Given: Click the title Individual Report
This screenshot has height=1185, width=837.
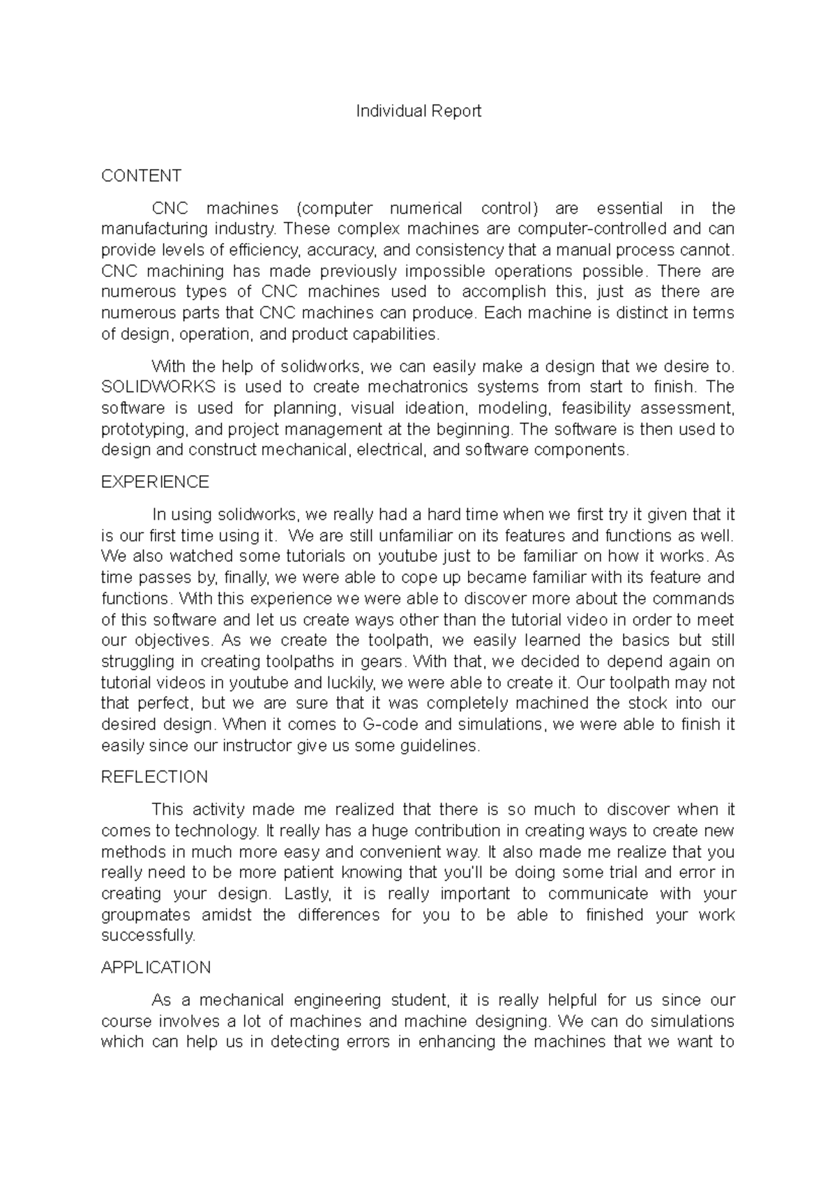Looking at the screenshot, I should click(418, 111).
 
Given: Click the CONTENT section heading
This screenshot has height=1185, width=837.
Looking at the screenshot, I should click(141, 175).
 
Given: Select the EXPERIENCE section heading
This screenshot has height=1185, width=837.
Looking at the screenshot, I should click(155, 482).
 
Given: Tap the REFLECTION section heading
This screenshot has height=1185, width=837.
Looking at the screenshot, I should click(154, 777).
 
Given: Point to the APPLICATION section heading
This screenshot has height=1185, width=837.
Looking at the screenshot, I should click(156, 968).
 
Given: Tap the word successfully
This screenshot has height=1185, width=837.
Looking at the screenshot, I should click(149, 936).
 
